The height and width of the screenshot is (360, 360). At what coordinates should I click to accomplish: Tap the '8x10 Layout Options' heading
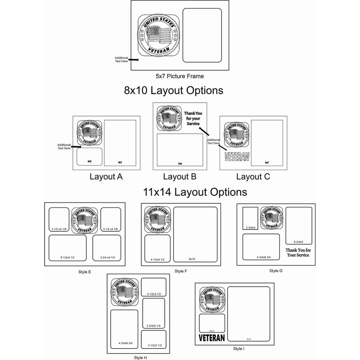point(173,90)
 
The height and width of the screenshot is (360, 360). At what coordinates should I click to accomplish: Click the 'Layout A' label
point(106,177)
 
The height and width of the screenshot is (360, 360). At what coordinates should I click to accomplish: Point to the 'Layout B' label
point(179,177)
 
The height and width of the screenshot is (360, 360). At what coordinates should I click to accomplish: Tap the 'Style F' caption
point(180,271)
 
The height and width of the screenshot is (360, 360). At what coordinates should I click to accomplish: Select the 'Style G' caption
point(276,270)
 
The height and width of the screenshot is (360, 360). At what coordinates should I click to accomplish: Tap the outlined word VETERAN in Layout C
point(236,157)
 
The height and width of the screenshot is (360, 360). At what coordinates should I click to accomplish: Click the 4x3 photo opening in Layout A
point(89,156)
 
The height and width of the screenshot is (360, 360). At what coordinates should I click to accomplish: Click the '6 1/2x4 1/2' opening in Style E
point(67,248)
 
